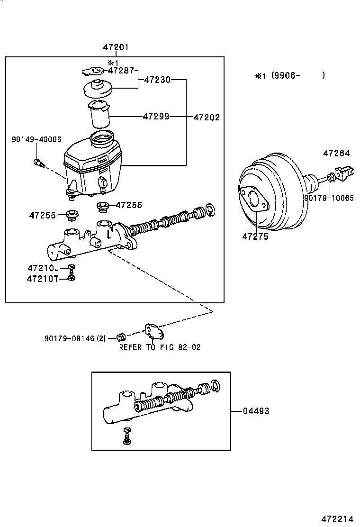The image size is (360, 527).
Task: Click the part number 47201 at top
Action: [116, 47]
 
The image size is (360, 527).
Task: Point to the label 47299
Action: [156, 117]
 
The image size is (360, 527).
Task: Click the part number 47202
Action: [206, 117]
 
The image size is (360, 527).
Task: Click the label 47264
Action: [337, 153]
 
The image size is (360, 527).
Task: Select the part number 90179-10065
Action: [329, 198]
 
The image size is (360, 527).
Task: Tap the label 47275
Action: [255, 236]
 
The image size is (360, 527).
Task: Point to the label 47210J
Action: [43, 268]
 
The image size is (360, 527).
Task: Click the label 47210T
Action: [42, 279]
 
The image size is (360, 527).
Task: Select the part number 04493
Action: [256, 411]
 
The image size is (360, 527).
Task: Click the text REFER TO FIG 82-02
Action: [160, 347]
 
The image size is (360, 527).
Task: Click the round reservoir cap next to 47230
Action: [98, 89]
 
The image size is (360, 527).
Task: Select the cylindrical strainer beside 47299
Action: [99, 115]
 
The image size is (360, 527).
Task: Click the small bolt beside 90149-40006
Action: [39, 164]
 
